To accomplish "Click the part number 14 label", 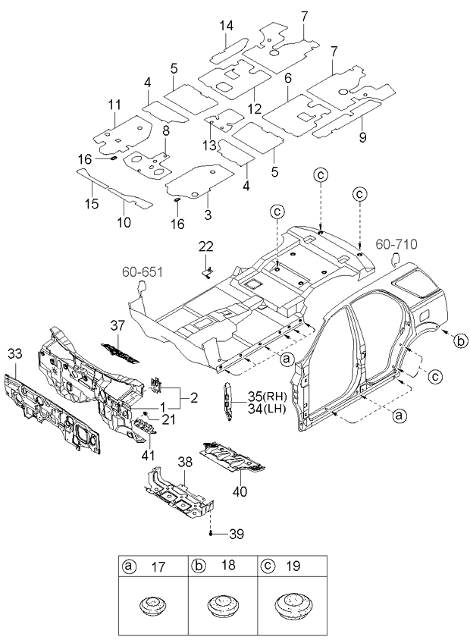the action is click(x=226, y=26).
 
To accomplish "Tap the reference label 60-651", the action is click(x=143, y=272).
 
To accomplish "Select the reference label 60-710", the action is click(x=396, y=244).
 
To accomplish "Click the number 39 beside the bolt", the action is click(x=237, y=534).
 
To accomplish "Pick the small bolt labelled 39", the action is click(x=211, y=533).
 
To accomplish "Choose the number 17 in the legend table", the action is click(x=158, y=567).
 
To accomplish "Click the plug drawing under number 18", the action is click(x=222, y=605).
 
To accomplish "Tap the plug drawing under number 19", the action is click(x=292, y=604).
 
